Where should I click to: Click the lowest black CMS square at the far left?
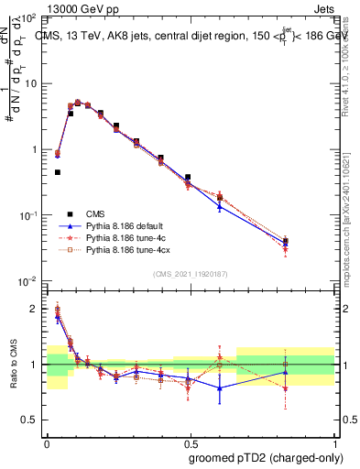tap(58, 171)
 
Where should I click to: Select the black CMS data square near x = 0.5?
tap(188, 177)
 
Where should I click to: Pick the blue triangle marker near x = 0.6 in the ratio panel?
tap(220, 387)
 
